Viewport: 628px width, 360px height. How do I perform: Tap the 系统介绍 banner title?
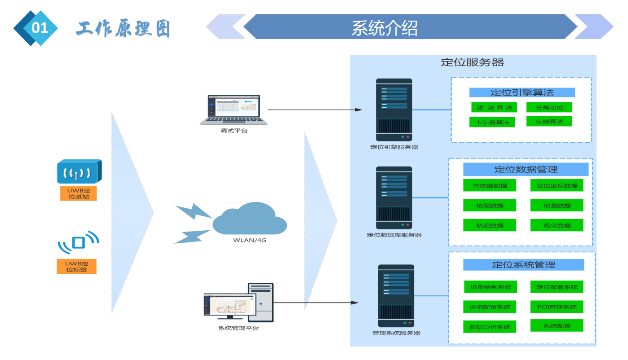pos(385,28)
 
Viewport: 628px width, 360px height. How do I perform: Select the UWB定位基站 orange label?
pos(79,193)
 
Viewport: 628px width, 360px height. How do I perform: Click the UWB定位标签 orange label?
pos(76,266)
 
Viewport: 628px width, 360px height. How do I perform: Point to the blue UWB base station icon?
pos(79,171)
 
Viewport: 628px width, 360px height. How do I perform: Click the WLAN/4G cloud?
pos(250,220)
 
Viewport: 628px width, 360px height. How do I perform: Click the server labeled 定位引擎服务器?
pos(394,110)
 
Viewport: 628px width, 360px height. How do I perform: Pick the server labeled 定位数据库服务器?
pos(394,198)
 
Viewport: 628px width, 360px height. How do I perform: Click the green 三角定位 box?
pos(549,107)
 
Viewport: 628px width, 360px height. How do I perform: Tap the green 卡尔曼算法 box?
pos(492,122)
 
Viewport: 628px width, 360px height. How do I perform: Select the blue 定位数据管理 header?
pos(526,170)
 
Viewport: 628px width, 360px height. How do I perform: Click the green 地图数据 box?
pos(557,205)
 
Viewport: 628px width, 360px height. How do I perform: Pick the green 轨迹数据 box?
pos(490,225)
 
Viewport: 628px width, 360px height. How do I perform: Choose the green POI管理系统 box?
pos(557,307)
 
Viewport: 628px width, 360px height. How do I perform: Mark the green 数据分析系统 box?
pos(490,327)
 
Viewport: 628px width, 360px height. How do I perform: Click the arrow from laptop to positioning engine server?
pos(314,110)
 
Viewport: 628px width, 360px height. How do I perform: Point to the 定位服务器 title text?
pos(472,62)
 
